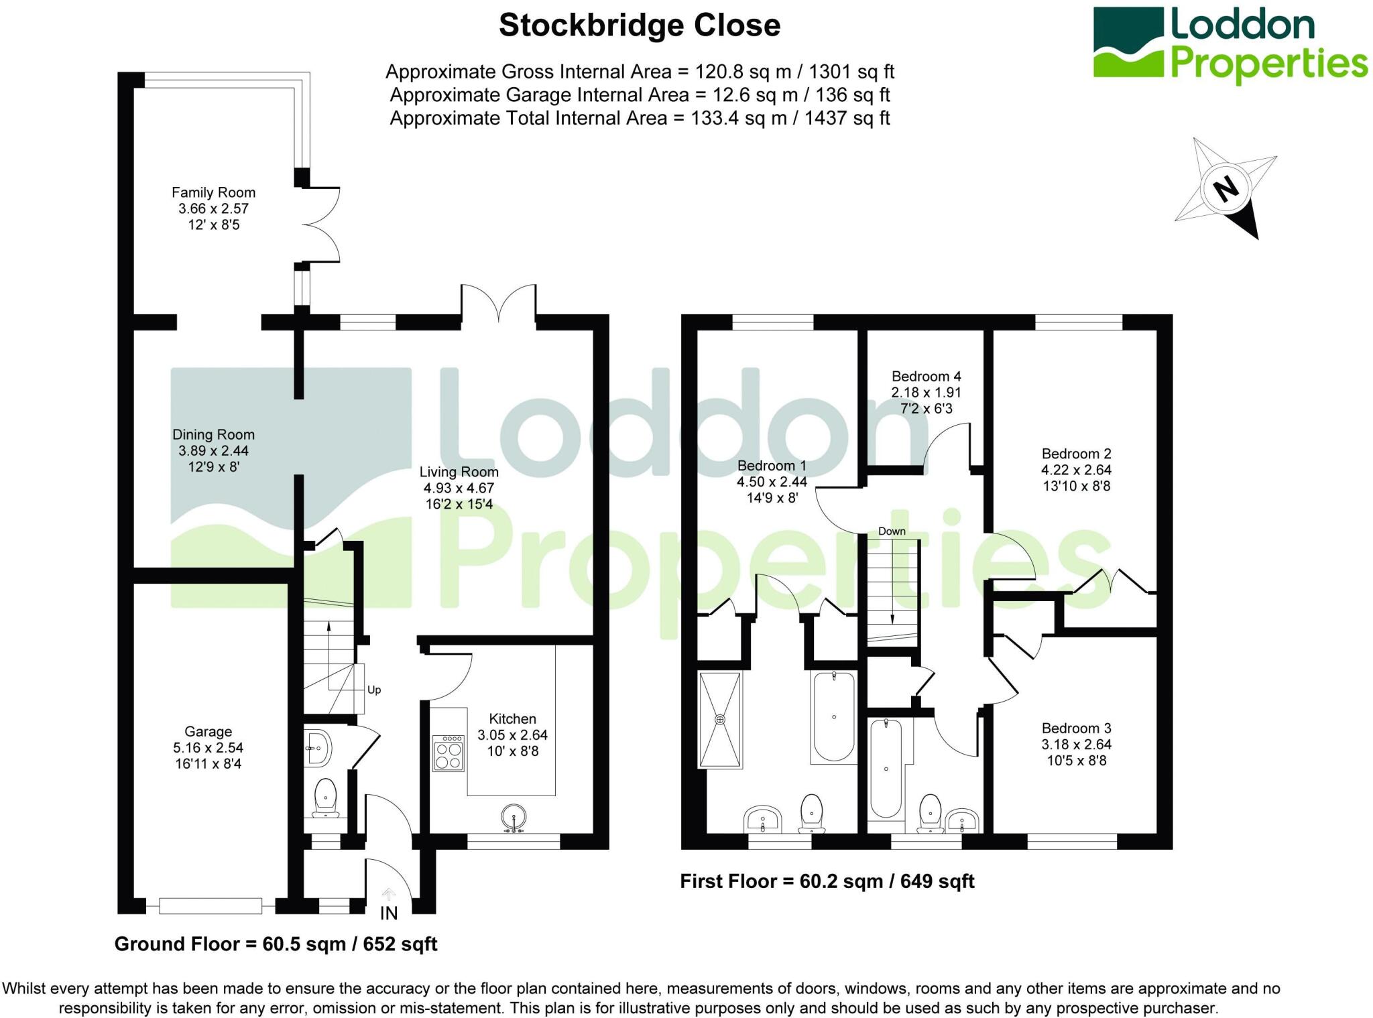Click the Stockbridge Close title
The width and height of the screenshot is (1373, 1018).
(640, 26)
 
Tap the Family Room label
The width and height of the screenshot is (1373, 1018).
(213, 193)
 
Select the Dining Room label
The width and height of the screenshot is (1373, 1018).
(213, 435)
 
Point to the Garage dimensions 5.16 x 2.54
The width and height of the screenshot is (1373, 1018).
(208, 748)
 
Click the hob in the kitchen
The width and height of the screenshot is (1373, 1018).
(449, 754)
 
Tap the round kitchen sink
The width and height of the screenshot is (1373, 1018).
(514, 818)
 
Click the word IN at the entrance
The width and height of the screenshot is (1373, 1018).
(389, 913)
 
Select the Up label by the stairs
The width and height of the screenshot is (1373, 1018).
(374, 690)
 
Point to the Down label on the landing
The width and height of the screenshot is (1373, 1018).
(892, 531)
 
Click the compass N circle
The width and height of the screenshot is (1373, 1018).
(1226, 188)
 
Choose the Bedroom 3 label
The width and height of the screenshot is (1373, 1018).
(1076, 728)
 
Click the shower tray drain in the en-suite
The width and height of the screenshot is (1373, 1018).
(720, 720)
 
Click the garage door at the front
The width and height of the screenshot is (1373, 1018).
(211, 906)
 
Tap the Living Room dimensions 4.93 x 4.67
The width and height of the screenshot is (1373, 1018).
(459, 489)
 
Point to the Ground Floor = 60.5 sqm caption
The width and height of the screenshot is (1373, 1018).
(276, 944)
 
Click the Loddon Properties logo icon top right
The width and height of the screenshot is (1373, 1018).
(1128, 42)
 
